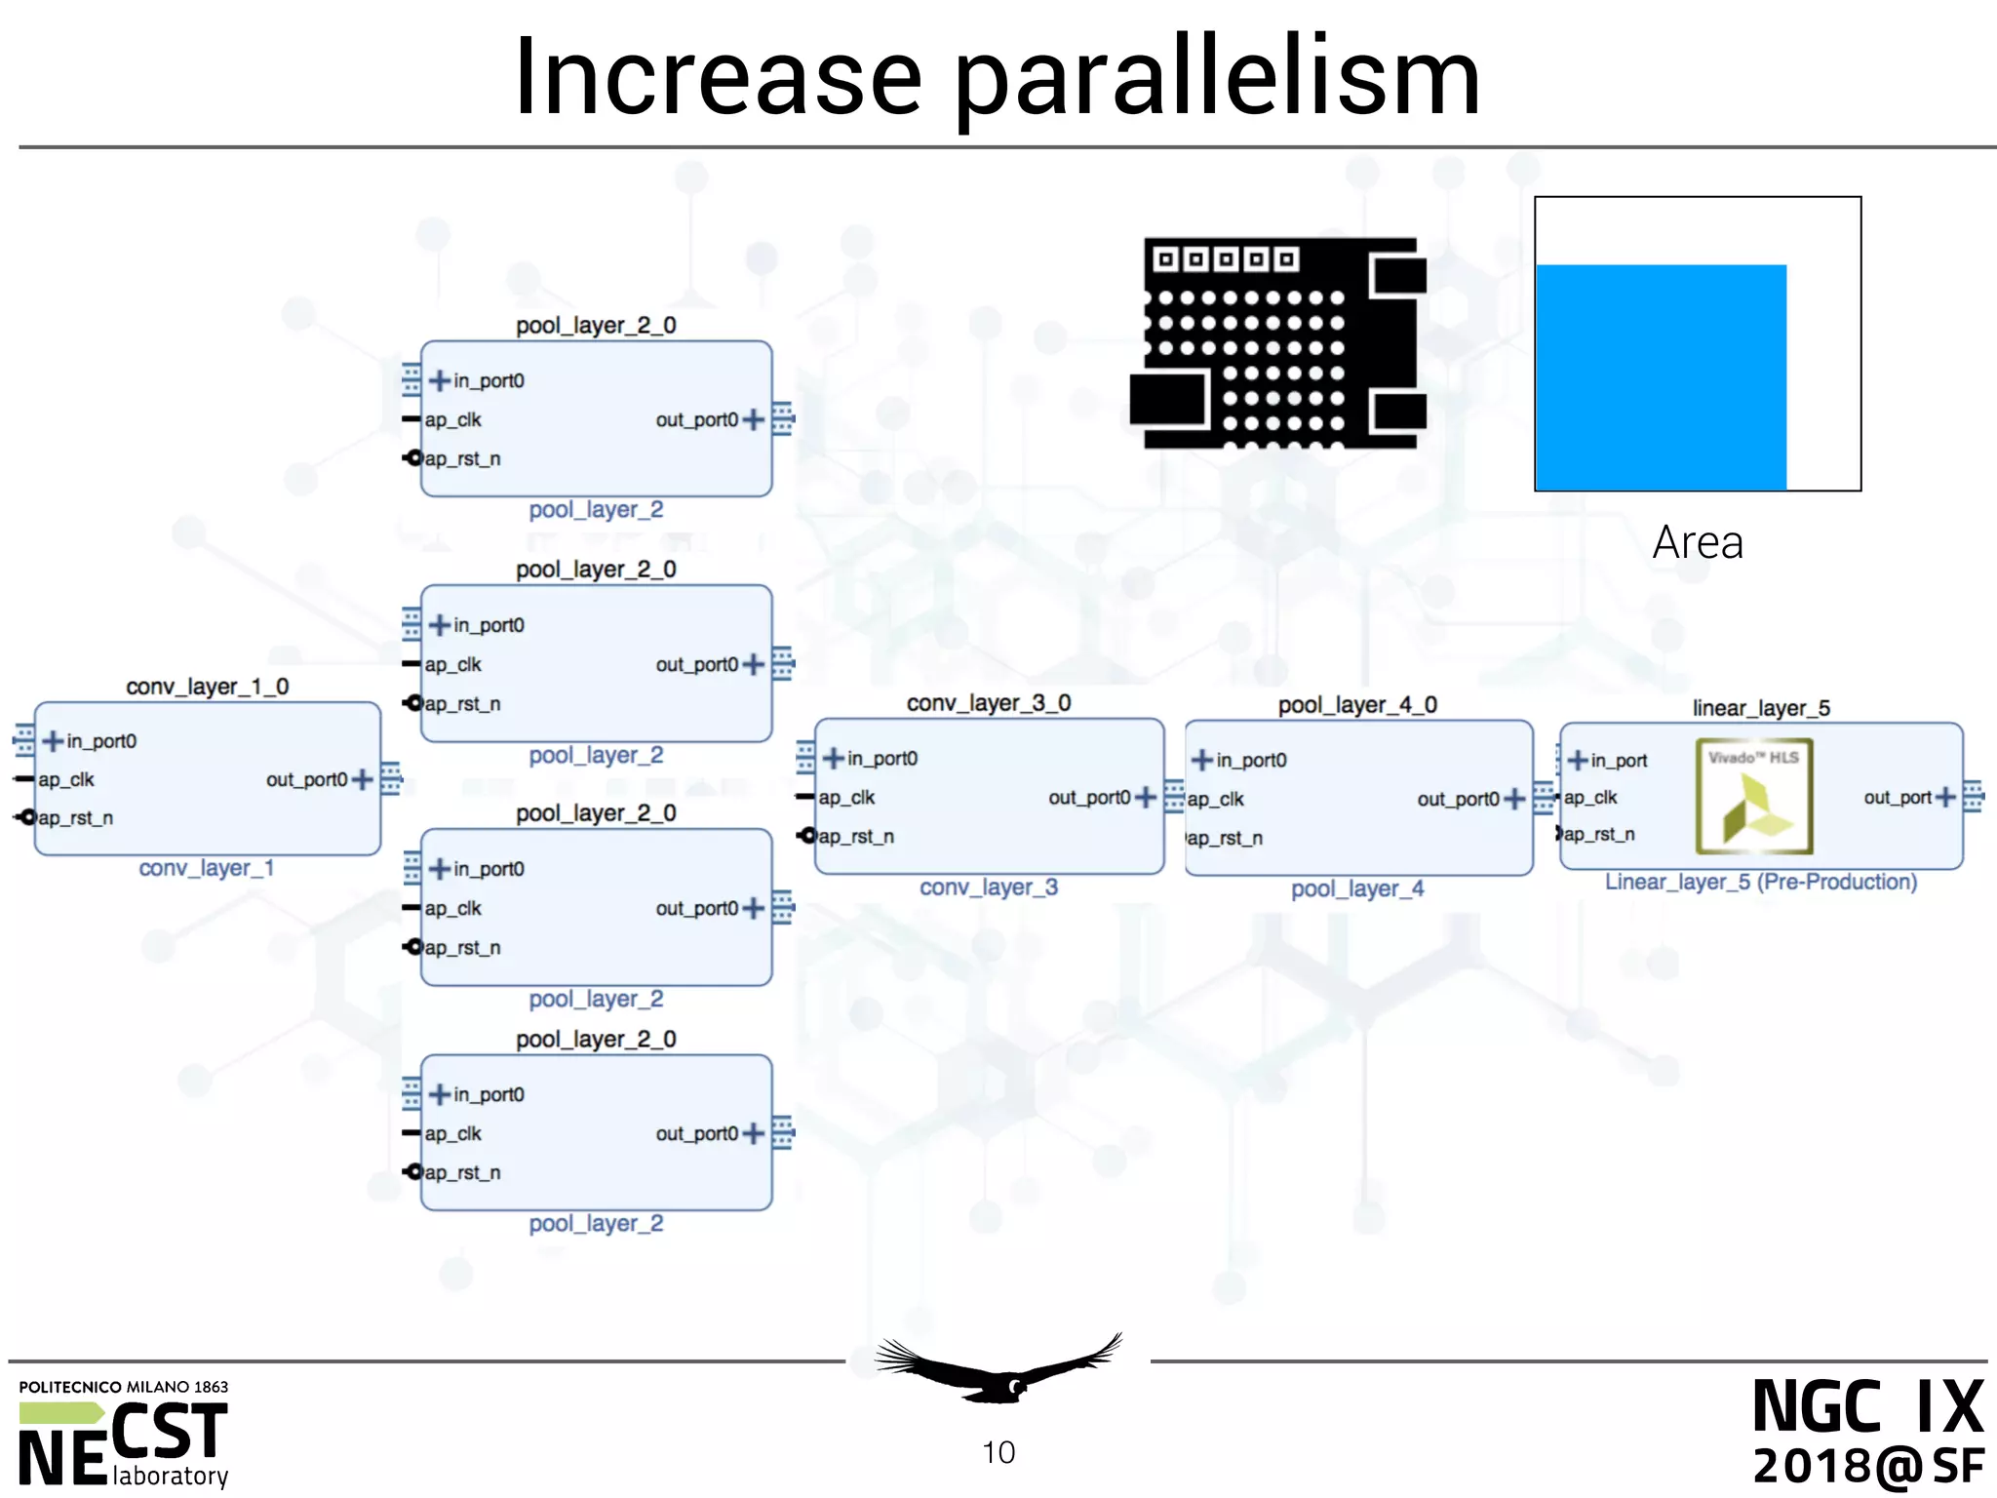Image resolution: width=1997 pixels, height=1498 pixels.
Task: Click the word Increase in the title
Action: [x=718, y=78]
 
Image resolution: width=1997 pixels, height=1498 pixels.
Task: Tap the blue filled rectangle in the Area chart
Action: [x=1661, y=376]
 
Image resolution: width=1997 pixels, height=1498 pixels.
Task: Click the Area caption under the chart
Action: [x=1698, y=542]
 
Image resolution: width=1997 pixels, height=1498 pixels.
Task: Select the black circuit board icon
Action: [x=1278, y=342]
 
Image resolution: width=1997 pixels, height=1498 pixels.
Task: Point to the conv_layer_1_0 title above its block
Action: [x=208, y=687]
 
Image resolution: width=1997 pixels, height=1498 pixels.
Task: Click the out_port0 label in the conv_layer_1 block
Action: [x=306, y=779]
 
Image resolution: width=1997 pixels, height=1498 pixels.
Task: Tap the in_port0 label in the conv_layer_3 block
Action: [x=881, y=758]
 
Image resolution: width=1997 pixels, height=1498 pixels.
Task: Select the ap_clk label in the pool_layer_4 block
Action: [x=1216, y=799]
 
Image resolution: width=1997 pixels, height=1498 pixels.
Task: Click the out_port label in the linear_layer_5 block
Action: [x=1897, y=797]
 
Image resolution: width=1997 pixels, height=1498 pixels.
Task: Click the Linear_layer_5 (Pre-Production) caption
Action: [x=1761, y=882]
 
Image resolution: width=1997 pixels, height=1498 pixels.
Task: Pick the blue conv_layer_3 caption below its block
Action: [x=989, y=887]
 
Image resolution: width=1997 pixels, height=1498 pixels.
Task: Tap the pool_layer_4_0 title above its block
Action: [x=1357, y=704]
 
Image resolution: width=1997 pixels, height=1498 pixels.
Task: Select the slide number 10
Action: [x=998, y=1452]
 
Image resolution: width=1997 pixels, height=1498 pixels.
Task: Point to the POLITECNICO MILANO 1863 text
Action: [x=124, y=1387]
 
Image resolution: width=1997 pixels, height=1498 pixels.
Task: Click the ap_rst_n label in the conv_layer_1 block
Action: [x=75, y=818]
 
